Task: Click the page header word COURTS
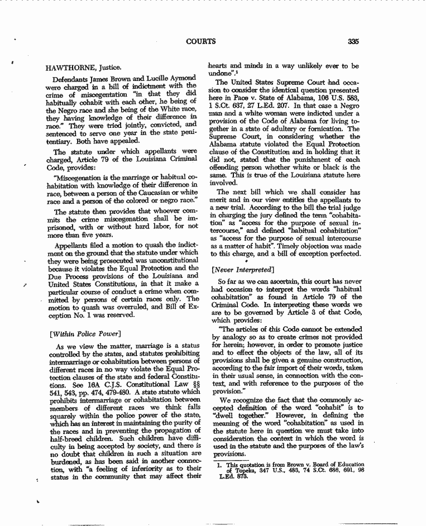(202, 41)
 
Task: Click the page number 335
(352, 41)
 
